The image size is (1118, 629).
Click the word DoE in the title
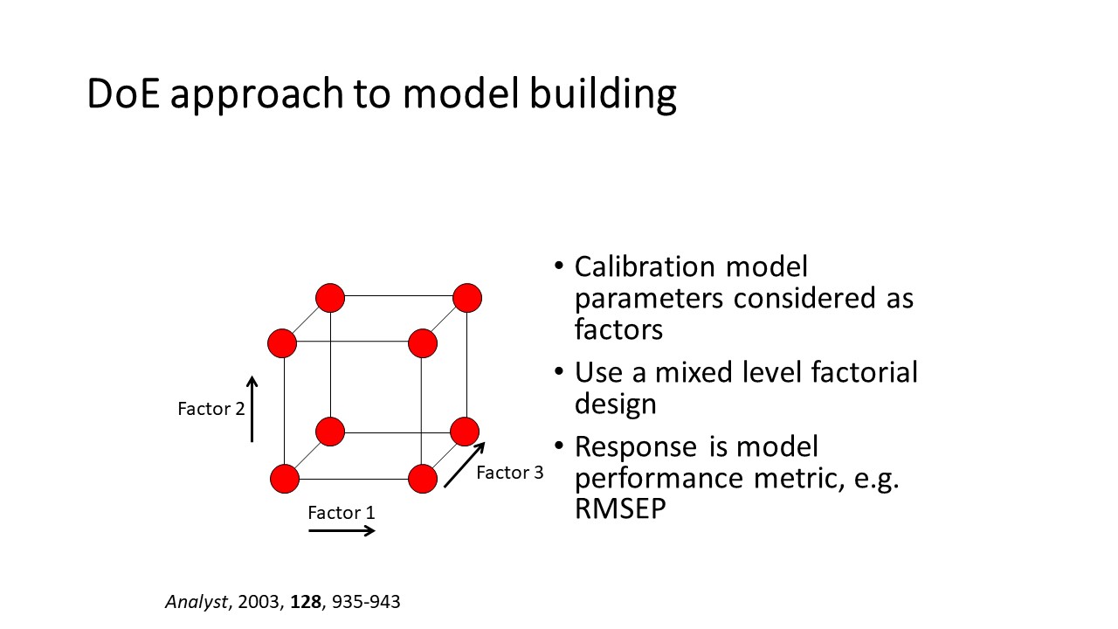coord(123,93)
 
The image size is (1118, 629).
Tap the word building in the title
coord(603,95)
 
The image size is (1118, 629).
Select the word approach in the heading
coord(257,97)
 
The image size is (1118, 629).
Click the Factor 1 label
coord(342,513)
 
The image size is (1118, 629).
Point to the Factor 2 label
coord(211,409)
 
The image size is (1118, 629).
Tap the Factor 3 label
coord(509,473)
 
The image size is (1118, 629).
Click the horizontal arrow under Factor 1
coord(342,530)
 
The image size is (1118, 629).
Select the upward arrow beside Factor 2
coord(252,410)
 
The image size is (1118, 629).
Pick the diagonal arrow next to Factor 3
coord(464,465)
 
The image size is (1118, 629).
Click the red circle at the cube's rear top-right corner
coord(467,298)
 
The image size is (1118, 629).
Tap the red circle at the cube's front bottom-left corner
coord(285,479)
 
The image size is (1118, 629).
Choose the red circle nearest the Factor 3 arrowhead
coord(465,432)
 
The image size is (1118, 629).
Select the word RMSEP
coord(620,509)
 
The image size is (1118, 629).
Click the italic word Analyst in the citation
coord(197,603)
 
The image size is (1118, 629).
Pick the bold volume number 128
coord(306,602)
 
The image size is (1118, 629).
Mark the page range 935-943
coord(366,602)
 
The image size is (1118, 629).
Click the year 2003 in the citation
coord(258,602)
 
